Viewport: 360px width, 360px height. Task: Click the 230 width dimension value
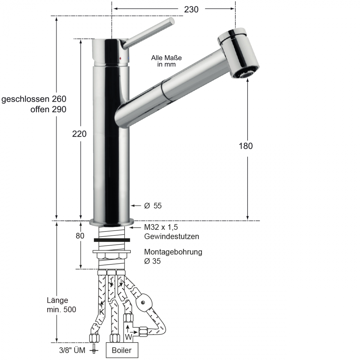[191, 10]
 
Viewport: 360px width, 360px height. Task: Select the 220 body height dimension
[79, 134]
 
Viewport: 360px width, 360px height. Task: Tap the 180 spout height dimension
[246, 146]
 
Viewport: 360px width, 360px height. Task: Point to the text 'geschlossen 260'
[34, 99]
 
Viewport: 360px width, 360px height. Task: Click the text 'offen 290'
[48, 109]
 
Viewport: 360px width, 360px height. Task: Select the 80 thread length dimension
[80, 236]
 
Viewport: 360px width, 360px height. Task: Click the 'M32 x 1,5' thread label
[161, 227]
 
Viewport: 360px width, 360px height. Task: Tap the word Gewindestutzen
[172, 236]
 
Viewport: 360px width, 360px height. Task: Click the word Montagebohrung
[173, 252]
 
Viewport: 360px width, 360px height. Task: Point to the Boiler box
[122, 350]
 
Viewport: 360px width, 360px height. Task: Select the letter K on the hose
[102, 312]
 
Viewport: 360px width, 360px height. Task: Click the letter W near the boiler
[128, 337]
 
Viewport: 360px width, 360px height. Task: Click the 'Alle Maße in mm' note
[166, 61]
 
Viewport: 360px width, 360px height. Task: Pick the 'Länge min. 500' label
[61, 305]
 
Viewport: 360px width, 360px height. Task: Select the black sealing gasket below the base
[112, 240]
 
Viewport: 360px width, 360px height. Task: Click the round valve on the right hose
[144, 301]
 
